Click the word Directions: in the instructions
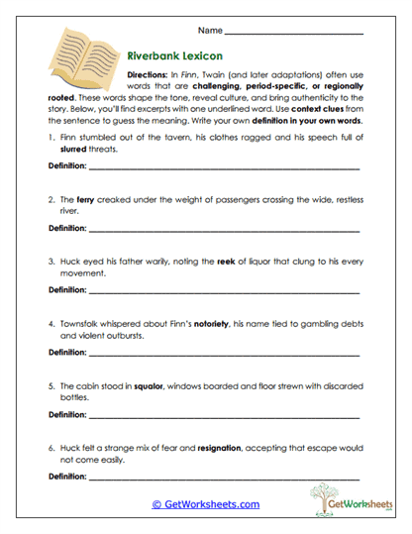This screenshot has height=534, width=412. pos(151,76)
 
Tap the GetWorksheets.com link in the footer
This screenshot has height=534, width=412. pos(205,504)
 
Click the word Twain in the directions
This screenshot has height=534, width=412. pos(227,76)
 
